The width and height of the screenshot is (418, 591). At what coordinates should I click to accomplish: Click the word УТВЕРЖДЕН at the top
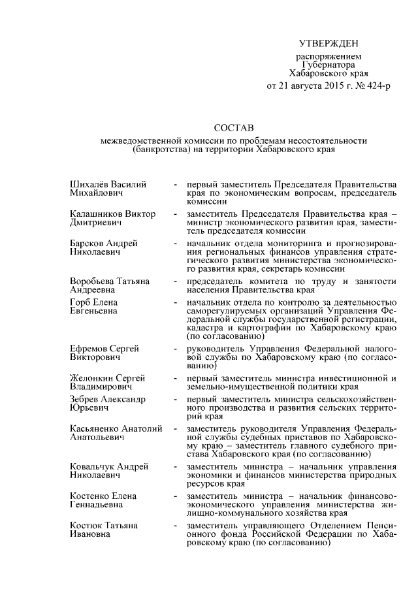point(329,44)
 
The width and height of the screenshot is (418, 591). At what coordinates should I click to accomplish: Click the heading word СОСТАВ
point(234,127)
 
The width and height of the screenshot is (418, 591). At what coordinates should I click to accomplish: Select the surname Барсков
point(87,243)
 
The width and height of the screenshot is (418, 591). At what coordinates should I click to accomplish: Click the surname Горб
point(80,302)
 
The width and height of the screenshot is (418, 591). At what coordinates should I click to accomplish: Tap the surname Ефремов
point(89,349)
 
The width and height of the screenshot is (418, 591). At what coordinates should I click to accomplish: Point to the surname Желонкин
point(91,377)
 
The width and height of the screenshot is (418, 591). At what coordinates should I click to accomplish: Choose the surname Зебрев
point(86,398)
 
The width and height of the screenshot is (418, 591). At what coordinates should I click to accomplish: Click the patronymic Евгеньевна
point(93,311)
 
